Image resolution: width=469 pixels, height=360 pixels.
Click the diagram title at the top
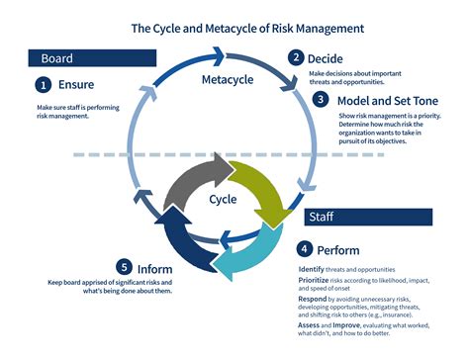pos(234,28)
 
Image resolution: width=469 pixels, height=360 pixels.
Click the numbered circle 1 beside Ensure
pos(44,85)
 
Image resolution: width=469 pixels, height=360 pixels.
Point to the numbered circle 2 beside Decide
pos(294,57)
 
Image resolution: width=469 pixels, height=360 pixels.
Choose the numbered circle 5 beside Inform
pos(124,267)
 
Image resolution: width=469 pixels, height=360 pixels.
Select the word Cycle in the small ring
pos(223,200)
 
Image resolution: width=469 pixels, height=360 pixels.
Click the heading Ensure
pos(76,85)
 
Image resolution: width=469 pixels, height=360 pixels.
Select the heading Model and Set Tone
pos(379,100)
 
